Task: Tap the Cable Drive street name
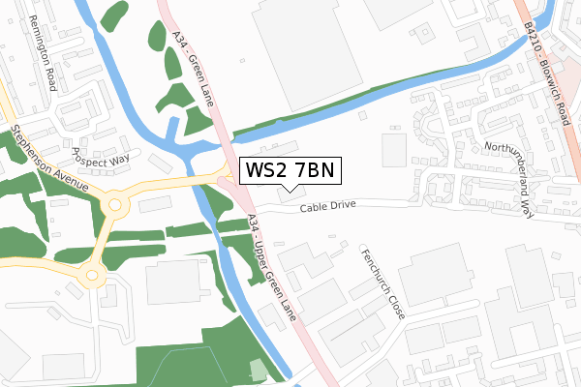tap(328, 206)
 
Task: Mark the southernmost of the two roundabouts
tap(91, 276)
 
